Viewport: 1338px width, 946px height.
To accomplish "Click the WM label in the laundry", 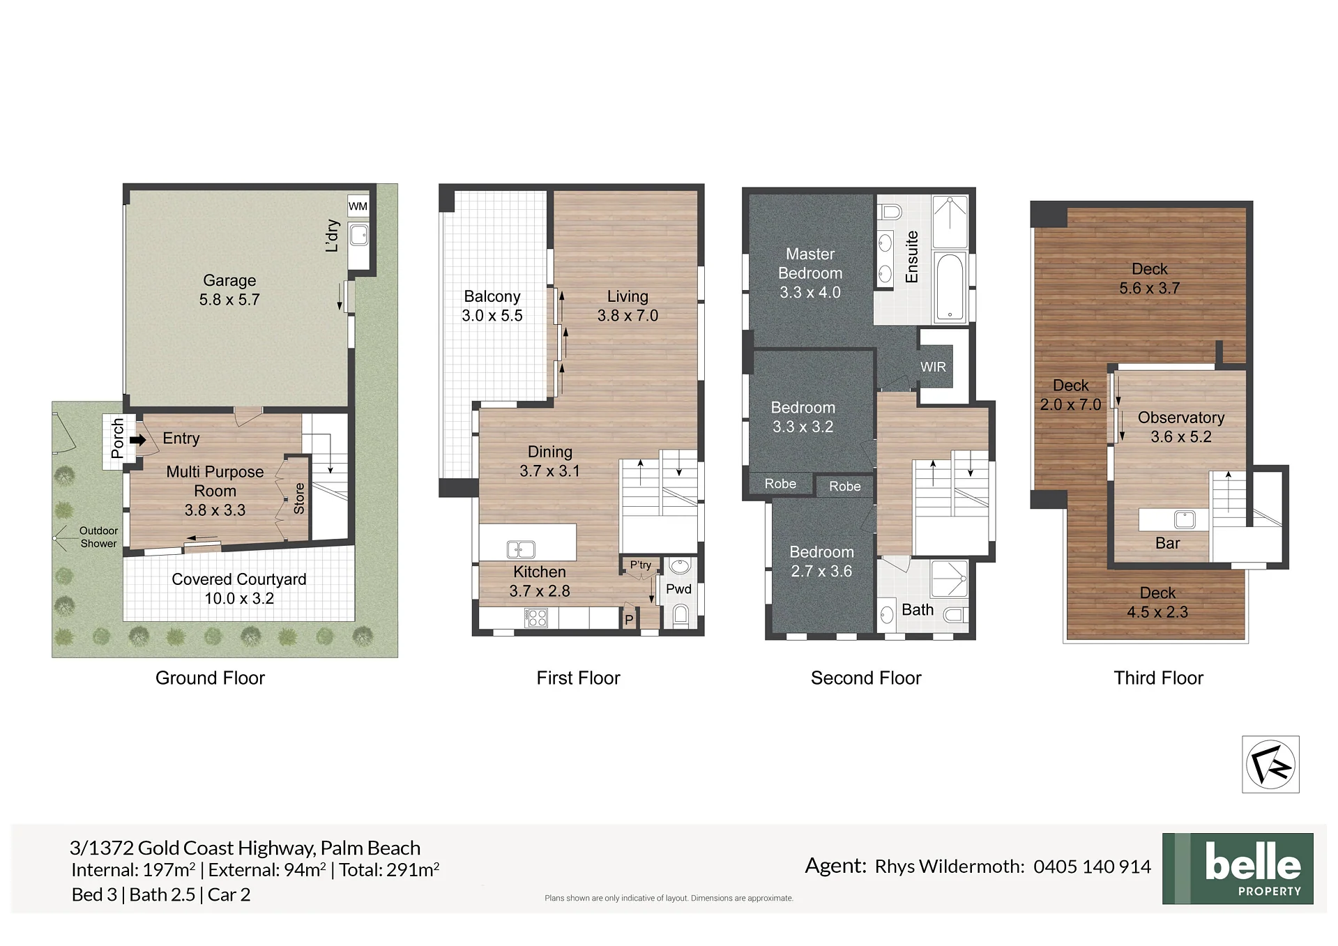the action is click(358, 206).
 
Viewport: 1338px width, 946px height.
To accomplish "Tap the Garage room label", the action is click(229, 280).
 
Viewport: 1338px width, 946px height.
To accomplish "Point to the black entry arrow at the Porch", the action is click(138, 440).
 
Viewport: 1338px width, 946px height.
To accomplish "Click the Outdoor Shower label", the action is click(98, 537).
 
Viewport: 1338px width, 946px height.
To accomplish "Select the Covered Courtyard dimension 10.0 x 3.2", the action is click(239, 598).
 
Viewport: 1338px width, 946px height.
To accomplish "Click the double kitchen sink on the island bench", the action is click(521, 549).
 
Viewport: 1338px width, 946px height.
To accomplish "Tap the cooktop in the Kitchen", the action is click(536, 618).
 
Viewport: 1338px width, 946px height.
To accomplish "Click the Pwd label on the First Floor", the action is click(678, 589).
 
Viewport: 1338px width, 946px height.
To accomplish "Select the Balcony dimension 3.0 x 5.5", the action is click(492, 315).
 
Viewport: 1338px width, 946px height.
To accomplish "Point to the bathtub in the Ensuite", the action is click(949, 287).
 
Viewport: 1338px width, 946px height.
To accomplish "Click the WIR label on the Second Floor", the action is click(933, 367).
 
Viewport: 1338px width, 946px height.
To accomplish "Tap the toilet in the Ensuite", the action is click(890, 211).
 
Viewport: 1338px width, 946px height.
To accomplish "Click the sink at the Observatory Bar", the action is click(1185, 519).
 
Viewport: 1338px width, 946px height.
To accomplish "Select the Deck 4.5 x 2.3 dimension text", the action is click(1157, 612).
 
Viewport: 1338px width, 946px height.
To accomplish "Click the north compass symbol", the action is click(1270, 765).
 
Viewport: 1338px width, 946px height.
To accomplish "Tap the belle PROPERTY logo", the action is click(1238, 869).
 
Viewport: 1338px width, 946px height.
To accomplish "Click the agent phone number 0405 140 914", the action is click(1092, 867).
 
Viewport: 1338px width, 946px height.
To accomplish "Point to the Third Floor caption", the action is click(1158, 678).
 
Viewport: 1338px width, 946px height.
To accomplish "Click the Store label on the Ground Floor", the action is click(299, 498).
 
